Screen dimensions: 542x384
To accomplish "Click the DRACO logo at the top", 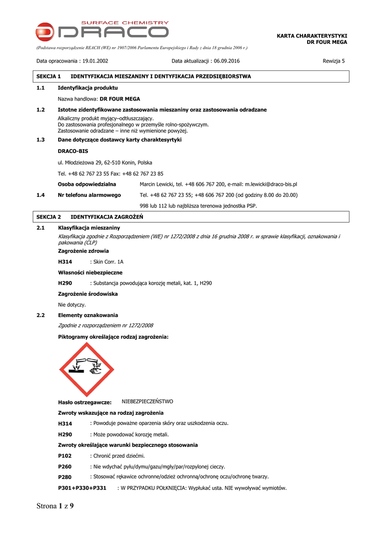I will coord(102,31).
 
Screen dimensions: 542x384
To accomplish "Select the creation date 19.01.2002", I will coord(95,61).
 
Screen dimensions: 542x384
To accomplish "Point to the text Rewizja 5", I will coord(334,61).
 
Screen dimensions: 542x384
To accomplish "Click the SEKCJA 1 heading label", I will coord(49,76).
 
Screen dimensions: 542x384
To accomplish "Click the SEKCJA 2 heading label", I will coord(49,217).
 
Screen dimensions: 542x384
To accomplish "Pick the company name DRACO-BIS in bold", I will coord(73,151).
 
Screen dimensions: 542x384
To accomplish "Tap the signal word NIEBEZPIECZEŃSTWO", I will coord(147,402).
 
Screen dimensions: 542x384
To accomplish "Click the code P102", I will coord(65,456).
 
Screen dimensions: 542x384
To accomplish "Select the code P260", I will coord(65,467).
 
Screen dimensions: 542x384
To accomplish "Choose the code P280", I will coord(65,477).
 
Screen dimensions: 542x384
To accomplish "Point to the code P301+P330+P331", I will coord(82,488).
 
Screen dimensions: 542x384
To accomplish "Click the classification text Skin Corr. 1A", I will coord(109,262).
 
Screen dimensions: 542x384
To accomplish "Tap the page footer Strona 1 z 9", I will coord(55,506).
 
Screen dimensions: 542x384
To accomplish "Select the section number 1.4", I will coord(40,195).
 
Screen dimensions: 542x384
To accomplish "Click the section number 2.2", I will coord(40,315).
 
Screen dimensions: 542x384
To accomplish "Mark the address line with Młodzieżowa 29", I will coord(105,162).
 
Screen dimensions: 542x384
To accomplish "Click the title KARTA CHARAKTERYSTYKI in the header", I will coord(312,35).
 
